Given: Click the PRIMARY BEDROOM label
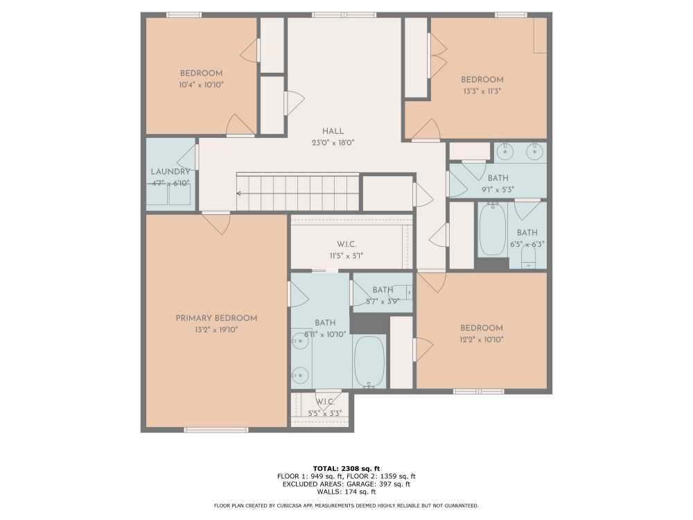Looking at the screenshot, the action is point(216,318).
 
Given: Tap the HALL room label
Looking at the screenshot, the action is point(333,131).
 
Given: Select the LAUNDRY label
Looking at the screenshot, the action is point(170,171).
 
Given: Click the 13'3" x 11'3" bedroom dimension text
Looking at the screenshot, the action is point(482,91).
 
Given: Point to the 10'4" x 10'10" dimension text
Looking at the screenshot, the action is point(201,85).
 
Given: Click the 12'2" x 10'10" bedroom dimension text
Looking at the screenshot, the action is point(482,340).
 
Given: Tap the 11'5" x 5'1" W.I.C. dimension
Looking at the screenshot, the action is point(346,256).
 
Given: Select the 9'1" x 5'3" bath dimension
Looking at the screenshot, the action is point(498,190).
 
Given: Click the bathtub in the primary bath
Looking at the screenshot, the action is point(369,362).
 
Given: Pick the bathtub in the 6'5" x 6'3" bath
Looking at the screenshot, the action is point(492,229).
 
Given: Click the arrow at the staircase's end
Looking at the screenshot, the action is point(239,193).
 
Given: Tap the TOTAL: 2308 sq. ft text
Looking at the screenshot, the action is point(346,469).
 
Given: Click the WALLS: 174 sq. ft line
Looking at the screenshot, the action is point(346,492).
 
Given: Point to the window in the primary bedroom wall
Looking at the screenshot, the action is point(216,430).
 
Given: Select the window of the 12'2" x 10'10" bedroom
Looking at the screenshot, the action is point(479,391).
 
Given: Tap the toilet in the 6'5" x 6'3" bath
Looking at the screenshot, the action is point(528,257).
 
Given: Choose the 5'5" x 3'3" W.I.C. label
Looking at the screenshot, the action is point(325,408).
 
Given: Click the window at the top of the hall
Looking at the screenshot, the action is point(344,15).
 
